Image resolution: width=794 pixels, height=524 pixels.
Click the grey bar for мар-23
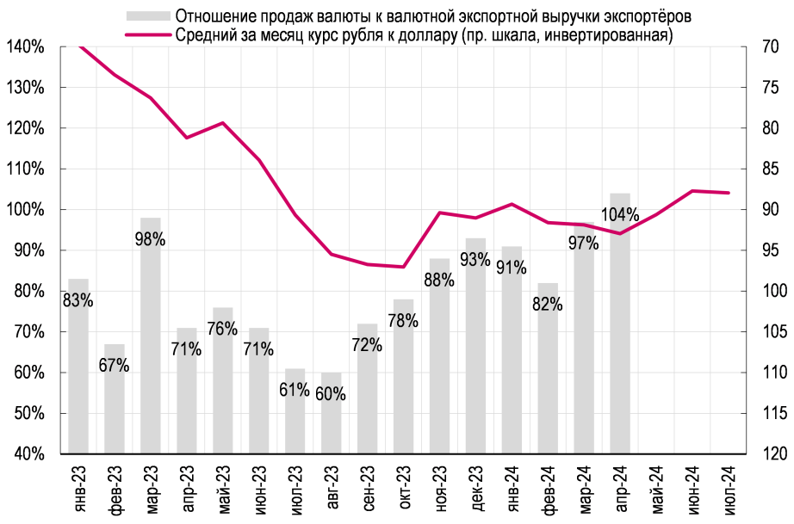(151, 344)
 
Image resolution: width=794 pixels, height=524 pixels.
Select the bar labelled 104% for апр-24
(620, 344)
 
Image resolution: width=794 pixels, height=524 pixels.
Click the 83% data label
(78, 300)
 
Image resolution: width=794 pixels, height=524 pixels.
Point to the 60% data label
(331, 395)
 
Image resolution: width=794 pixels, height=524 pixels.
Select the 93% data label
(475, 259)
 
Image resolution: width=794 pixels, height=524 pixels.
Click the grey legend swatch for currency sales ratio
(146, 16)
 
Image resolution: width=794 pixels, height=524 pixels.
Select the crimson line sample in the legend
(146, 35)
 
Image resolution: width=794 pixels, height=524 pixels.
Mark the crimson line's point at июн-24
(692, 191)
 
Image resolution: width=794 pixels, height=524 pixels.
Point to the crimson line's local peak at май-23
(223, 123)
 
